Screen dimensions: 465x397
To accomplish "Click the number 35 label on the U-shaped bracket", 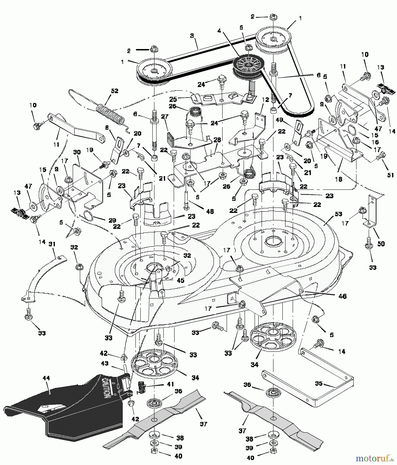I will coord(319,383).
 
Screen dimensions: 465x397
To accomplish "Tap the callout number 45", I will coord(181,280).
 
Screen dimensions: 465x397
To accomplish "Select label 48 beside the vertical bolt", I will coord(210,211).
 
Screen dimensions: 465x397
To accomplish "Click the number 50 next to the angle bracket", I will coord(381,244).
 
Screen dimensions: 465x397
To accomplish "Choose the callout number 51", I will coord(391,175).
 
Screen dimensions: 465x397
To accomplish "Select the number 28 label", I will coord(217,140).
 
